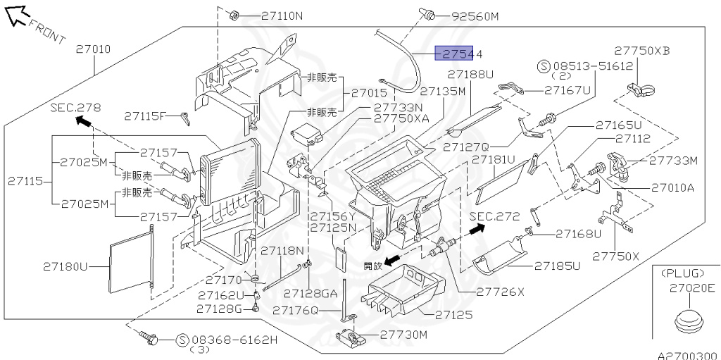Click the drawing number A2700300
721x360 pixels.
[x=687, y=356]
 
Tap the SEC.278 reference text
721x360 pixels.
[x=75, y=108]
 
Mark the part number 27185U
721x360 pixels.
[x=556, y=266]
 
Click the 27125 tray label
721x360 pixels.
[x=454, y=315]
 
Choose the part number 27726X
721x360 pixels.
[x=501, y=291]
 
